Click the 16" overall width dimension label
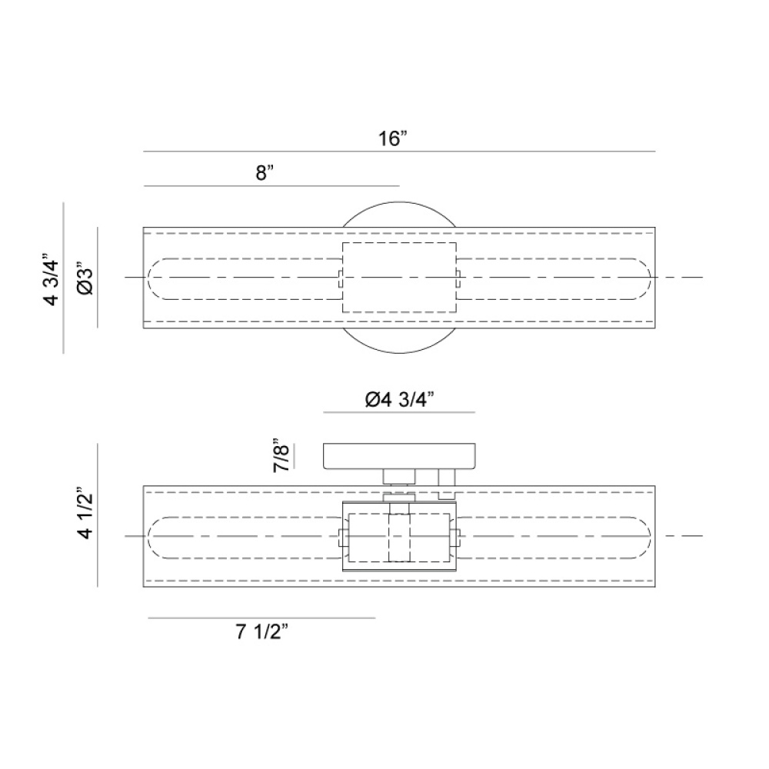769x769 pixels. click(393, 138)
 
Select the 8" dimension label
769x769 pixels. click(265, 172)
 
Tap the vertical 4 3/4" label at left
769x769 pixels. click(52, 280)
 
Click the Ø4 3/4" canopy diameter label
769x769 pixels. click(400, 400)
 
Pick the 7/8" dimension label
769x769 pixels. click(281, 455)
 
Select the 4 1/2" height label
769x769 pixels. click(85, 513)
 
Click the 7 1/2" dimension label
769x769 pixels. click(261, 632)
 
